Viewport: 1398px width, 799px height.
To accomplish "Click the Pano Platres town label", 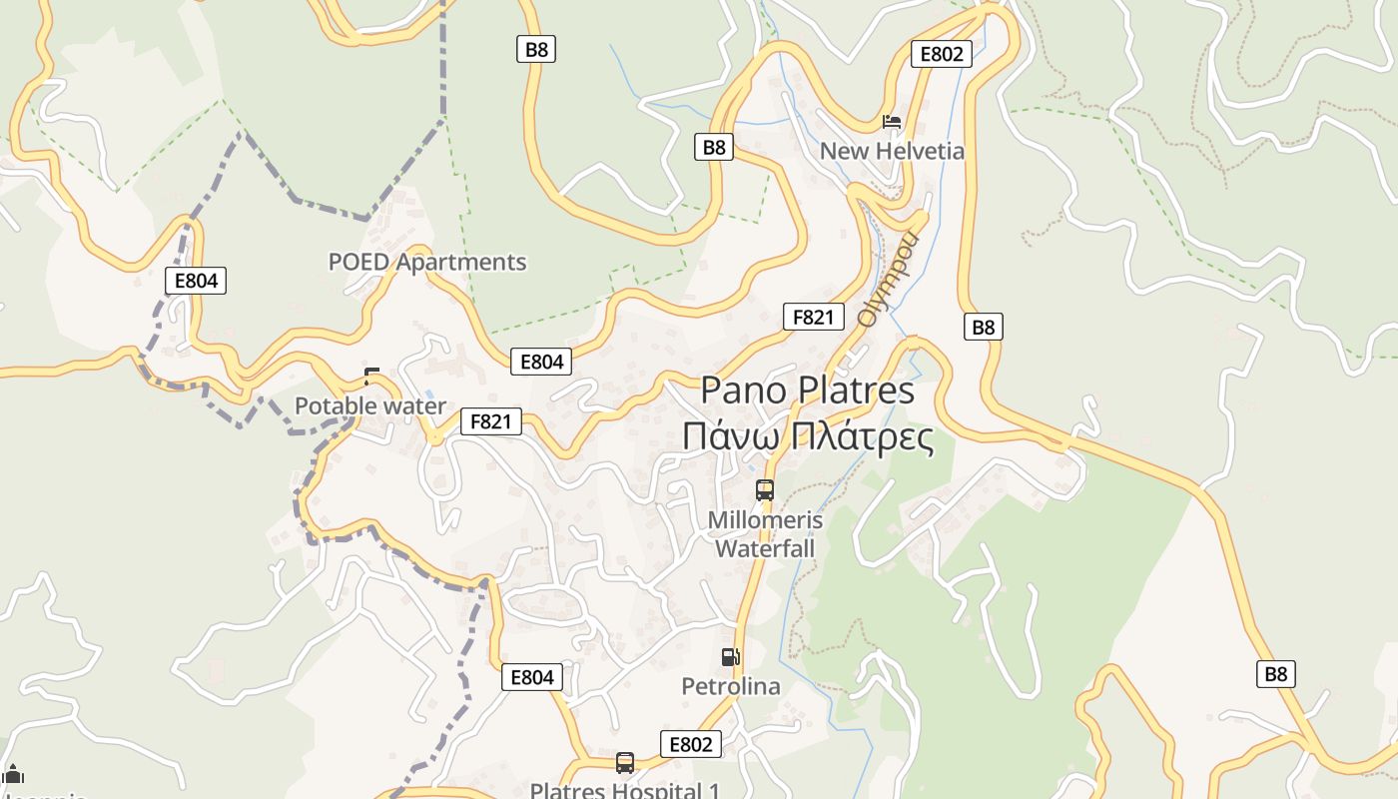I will [807, 390].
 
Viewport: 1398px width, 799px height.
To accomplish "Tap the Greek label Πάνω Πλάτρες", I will [807, 436].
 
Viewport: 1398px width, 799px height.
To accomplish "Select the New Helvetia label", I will [892, 151].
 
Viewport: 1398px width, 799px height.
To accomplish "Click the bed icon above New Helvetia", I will [892, 122].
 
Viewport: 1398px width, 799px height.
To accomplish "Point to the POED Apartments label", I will [427, 262].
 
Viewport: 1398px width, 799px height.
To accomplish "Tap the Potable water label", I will [370, 405].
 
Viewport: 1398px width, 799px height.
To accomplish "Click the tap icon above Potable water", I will [371, 377].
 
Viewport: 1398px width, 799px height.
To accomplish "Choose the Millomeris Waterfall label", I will [765, 534].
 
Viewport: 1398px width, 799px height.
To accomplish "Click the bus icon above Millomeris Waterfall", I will [765, 489].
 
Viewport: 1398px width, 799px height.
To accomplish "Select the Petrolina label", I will [731, 686].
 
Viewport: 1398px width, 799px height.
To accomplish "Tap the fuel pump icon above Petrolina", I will [731, 656].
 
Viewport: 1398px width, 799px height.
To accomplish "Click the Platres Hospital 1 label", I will [624, 790].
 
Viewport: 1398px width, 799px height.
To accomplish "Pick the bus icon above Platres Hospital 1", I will [624, 763].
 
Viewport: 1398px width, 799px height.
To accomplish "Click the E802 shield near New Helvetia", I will [942, 54].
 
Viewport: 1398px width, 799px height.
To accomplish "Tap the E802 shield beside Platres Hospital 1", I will [690, 744].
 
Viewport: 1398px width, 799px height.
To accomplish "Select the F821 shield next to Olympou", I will [813, 317].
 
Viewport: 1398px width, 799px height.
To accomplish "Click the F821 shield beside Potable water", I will [490, 421].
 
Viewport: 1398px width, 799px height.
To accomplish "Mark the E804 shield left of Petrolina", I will [531, 677].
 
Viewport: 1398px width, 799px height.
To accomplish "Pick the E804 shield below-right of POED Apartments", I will [541, 362].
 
